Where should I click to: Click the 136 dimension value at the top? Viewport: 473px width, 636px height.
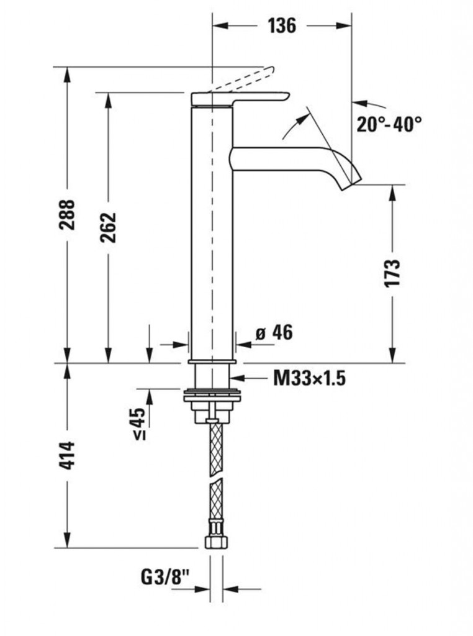282,25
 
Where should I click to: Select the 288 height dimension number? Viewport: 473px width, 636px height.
66,214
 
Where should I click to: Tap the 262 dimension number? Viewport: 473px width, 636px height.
108,227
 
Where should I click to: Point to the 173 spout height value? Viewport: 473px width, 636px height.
392,273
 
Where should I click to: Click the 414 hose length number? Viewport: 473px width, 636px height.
66,455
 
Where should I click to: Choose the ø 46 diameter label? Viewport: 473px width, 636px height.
274,333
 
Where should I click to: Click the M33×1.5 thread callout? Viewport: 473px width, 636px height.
309,378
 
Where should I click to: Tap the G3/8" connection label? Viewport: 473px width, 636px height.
165,576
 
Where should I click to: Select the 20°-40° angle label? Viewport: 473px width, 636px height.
389,124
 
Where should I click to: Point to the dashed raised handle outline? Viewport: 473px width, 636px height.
241,79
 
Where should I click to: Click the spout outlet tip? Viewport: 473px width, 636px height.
351,181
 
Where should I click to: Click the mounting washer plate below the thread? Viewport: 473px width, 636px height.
212,396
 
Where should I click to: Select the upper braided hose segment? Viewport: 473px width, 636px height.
215,449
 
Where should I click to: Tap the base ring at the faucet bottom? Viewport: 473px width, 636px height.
212,361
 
